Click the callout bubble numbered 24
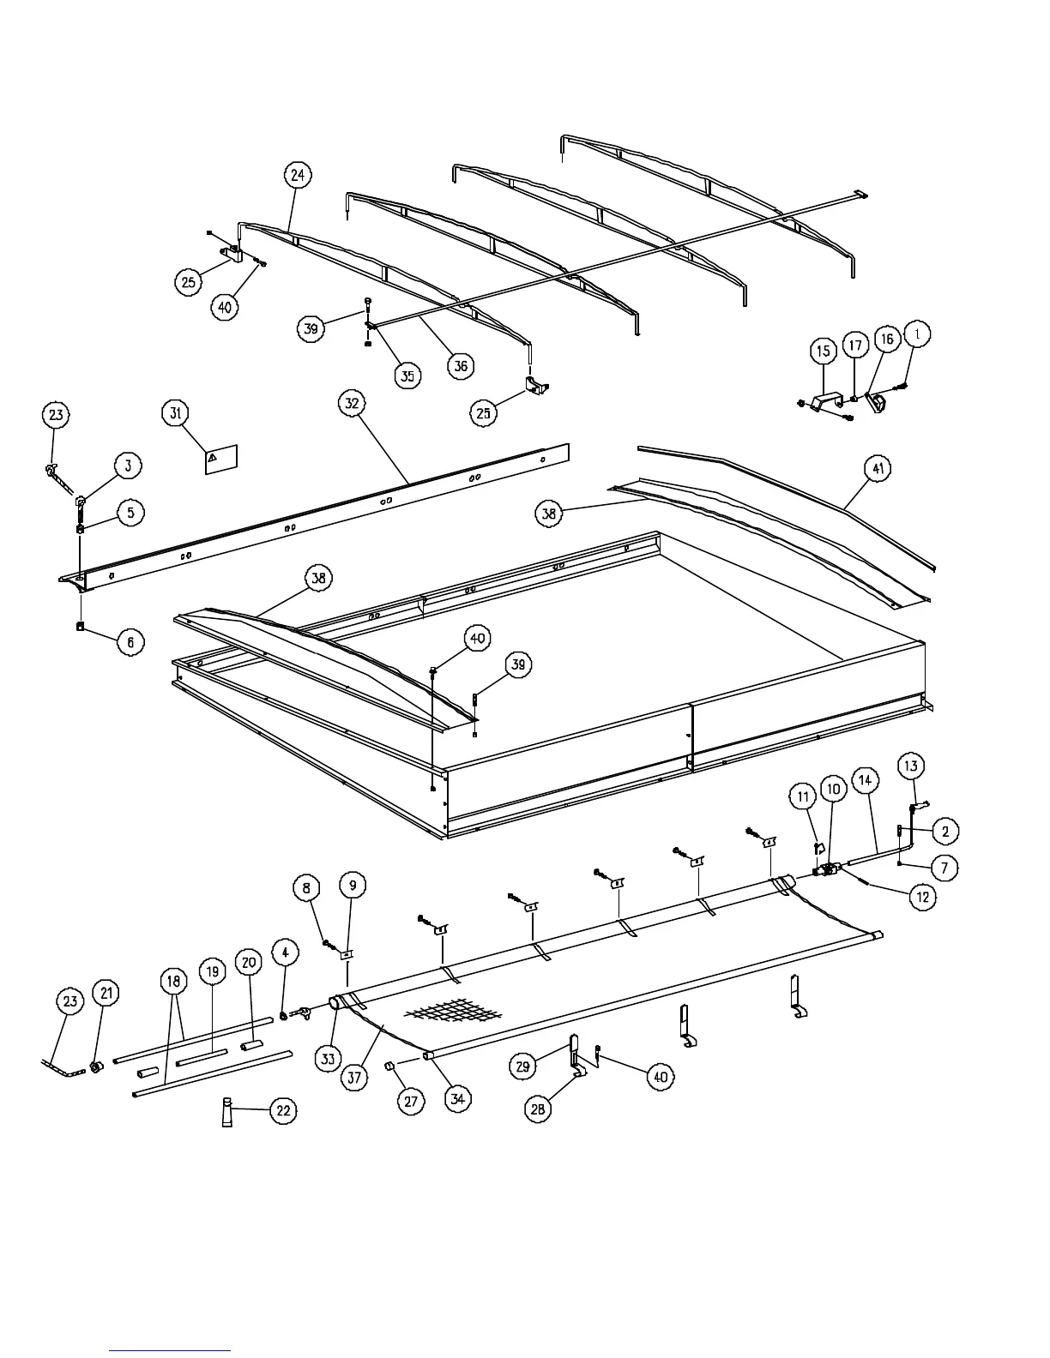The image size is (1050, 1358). tap(297, 175)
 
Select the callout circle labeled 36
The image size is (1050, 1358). tap(461, 365)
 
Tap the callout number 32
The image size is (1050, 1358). tap(352, 402)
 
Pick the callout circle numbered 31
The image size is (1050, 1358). tap(175, 413)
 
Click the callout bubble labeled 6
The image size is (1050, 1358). tap(130, 641)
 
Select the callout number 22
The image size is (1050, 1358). tap(283, 1111)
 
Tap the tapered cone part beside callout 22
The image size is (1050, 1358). tap(227, 1112)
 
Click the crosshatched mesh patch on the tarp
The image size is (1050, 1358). tap(441, 1012)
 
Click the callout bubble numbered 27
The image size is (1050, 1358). tap(411, 1102)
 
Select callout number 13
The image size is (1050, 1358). tap(910, 766)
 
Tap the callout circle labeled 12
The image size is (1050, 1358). tap(923, 897)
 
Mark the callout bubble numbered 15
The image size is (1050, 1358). tap(823, 351)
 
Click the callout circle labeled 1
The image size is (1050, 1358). tap(917, 333)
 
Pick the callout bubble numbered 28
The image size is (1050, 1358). tap(538, 1109)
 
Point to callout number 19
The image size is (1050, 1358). tap(213, 972)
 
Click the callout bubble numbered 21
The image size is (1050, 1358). tap(106, 994)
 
